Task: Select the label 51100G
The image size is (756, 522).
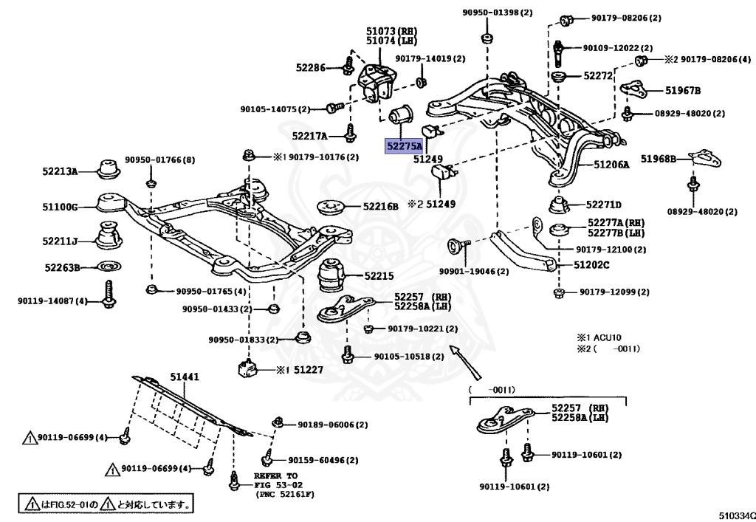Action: pyautogui.click(x=60, y=207)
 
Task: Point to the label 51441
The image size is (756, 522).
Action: pyautogui.click(x=185, y=377)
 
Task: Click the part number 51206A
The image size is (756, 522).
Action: pyautogui.click(x=612, y=165)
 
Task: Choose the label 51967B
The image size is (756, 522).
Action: pyautogui.click(x=683, y=90)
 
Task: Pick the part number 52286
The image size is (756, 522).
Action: pyautogui.click(x=311, y=67)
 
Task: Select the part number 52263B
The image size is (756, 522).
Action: pyautogui.click(x=61, y=267)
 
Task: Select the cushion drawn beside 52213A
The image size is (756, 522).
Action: pyautogui.click(x=109, y=168)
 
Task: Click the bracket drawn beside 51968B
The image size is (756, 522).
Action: pyautogui.click(x=701, y=158)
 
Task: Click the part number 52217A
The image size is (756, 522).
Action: pyautogui.click(x=310, y=135)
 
